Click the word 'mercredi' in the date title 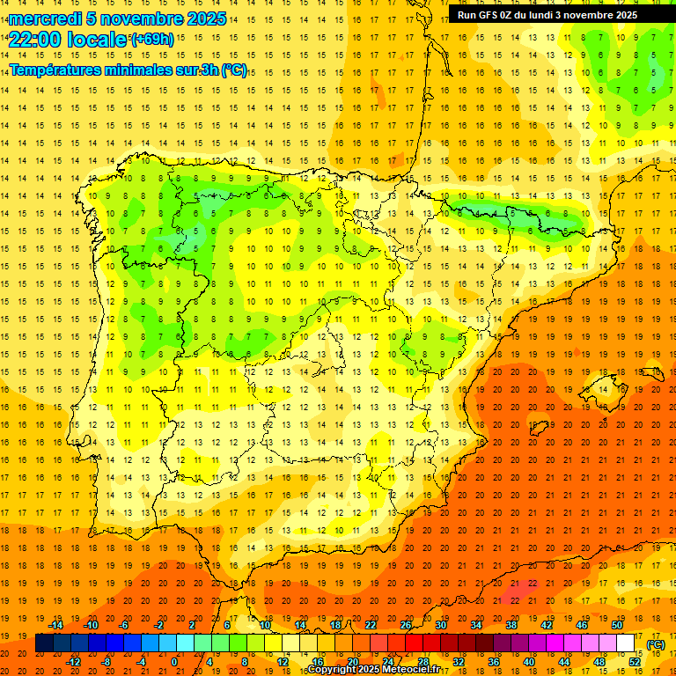[x=46, y=18]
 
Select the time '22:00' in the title [x=36, y=39]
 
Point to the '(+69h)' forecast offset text [x=152, y=40]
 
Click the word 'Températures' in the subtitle [x=56, y=70]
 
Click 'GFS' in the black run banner [x=496, y=15]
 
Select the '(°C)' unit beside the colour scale [x=656, y=644]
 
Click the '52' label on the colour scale [x=635, y=662]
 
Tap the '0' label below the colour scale [x=174, y=662]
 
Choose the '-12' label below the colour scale [x=74, y=662]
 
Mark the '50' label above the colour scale [x=617, y=625]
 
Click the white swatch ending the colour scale [x=626, y=643]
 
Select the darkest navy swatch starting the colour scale [x=44, y=643]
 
